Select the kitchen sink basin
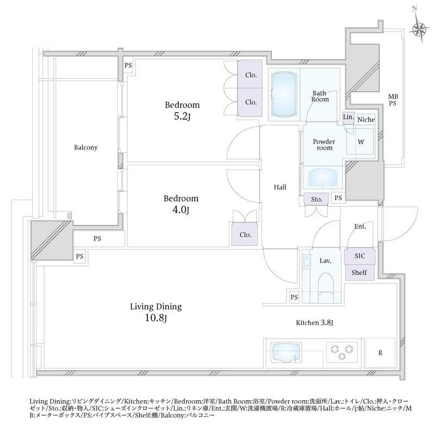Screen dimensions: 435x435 click(284, 351)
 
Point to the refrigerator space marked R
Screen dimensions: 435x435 click(380, 352)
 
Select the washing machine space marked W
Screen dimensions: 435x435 click(361, 142)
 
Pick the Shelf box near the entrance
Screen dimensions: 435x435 click(359, 272)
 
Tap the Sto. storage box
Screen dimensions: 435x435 click(316, 200)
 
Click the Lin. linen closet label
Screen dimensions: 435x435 click(348, 117)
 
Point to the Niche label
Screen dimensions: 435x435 click(366, 119)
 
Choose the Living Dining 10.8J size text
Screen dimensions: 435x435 click(155, 318)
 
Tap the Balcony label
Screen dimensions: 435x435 click(86, 147)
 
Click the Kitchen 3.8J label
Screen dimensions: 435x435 click(314, 323)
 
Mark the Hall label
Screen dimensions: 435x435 click(280, 187)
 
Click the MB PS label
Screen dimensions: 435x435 click(393, 100)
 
